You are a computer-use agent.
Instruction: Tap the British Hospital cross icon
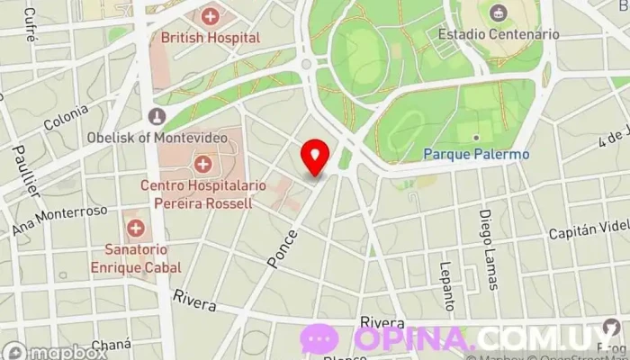(x=210, y=16)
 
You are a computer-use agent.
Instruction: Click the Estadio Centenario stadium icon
(x=498, y=13)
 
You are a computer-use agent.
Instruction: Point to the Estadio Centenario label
(x=498, y=34)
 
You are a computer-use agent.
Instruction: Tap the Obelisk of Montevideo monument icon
(x=157, y=117)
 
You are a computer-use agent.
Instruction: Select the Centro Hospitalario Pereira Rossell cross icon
(x=203, y=164)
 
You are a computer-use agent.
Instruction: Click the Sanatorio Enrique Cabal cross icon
(x=135, y=228)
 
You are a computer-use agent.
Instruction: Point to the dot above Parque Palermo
(x=476, y=138)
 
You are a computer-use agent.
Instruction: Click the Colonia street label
(x=66, y=119)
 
